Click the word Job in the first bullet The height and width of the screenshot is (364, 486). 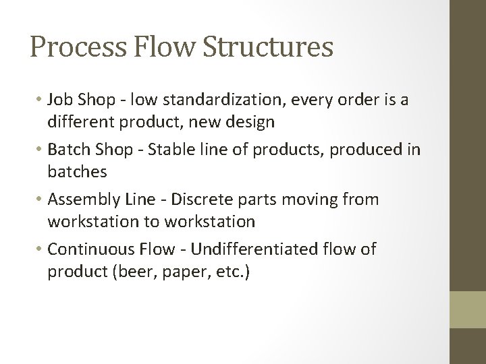60,100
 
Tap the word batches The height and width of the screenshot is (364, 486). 77,173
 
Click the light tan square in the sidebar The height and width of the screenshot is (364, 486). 468,310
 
